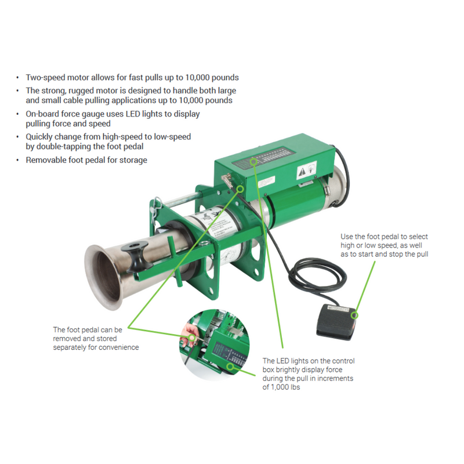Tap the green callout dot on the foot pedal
pyautogui.click(x=355, y=316)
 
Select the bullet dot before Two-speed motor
pyautogui.click(x=19, y=77)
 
